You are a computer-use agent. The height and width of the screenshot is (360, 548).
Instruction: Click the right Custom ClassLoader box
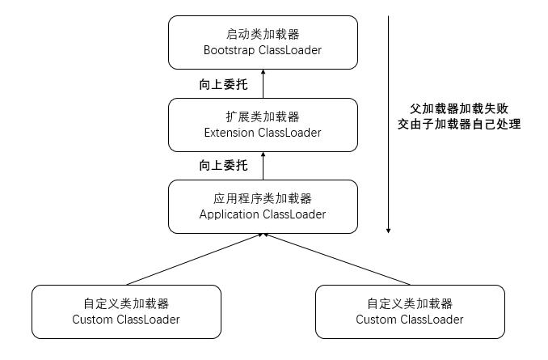pos(409,311)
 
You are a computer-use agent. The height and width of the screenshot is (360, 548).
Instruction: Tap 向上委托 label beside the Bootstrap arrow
pos(223,83)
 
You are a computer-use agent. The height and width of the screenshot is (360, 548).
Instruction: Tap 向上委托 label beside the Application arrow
pos(223,165)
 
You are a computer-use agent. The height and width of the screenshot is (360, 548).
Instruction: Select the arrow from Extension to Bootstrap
pos(263,84)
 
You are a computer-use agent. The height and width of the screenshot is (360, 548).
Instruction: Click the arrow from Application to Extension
pos(263,166)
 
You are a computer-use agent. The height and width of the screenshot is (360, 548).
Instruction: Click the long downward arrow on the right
pos(388,121)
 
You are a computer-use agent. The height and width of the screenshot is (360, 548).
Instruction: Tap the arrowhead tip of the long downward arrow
pos(388,232)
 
